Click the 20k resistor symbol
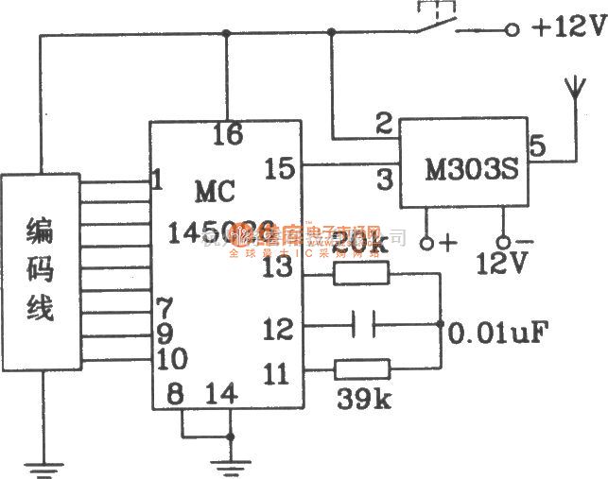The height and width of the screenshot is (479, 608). [x=360, y=273]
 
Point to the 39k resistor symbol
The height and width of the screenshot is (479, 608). [x=360, y=368]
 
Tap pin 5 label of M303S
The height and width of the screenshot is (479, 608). [x=536, y=145]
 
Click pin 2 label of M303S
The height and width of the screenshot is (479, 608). [x=383, y=123]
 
